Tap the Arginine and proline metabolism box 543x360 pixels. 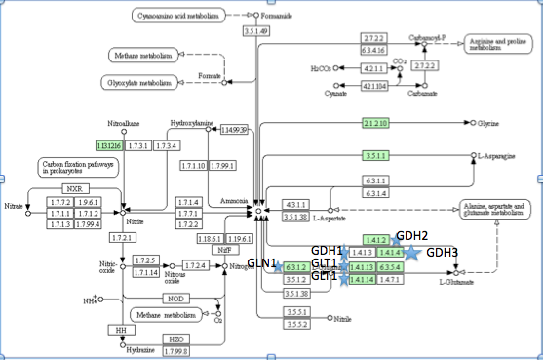497,45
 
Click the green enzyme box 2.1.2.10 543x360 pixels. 375,124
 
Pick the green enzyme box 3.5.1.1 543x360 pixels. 375,155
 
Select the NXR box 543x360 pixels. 74,187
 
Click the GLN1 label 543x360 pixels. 262,264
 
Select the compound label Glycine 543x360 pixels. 492,124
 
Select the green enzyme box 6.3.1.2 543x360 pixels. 296,266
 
